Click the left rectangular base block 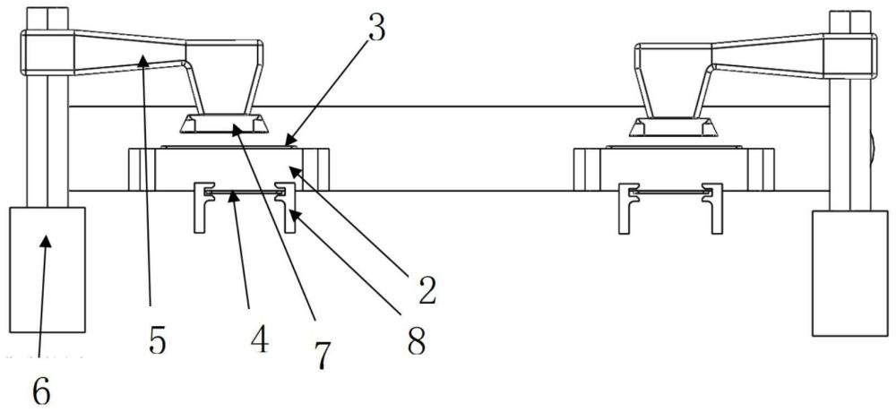[x=47, y=269]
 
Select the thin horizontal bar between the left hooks [x=243, y=192]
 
